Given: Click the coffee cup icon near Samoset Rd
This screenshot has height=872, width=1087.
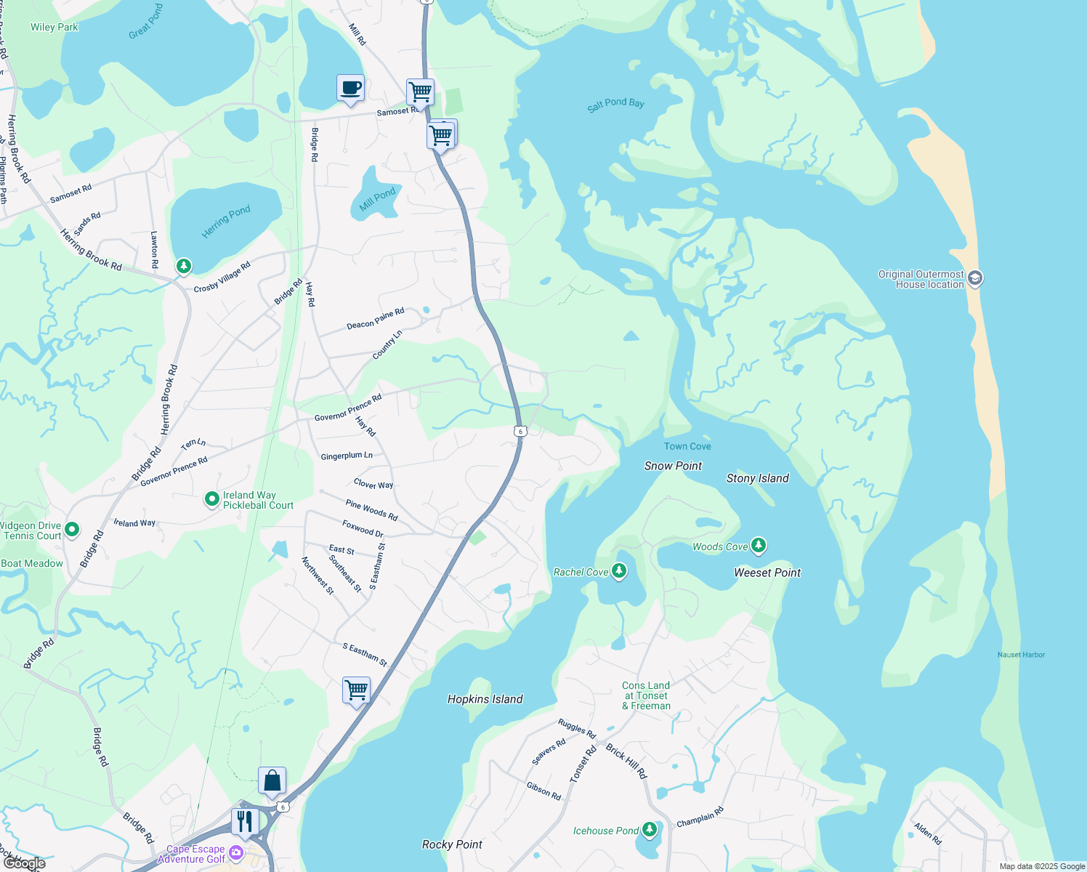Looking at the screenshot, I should pos(350,89).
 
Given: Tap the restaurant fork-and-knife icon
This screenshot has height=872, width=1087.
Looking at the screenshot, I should pos(245,822).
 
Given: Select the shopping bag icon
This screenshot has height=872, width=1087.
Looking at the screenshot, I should pos(272,781).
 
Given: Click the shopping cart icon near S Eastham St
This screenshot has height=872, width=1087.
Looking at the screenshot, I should pos(356,690).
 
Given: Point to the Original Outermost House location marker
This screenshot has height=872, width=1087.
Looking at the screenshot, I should pos(975,278).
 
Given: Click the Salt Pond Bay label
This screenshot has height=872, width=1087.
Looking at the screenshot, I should pos(615,104).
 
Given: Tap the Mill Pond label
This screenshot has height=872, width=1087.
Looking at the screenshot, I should pos(377,198).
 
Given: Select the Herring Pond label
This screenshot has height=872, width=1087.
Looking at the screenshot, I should pos(226,221).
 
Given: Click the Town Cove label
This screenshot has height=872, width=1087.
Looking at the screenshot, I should pos(687,446).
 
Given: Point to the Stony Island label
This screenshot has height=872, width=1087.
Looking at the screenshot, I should pos(757,478).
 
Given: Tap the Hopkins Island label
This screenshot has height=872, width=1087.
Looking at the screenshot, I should pos(485,699).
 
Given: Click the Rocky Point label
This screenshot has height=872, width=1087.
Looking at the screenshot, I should pos(452,844).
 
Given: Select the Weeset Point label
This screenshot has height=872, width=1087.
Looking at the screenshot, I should pos(767,573).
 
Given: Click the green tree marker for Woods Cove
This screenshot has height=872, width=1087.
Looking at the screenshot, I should pos(758,545).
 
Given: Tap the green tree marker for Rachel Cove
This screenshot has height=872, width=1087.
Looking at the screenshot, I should pos(619,571).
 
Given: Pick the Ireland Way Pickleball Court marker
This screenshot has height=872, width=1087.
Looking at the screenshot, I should pos(211,499).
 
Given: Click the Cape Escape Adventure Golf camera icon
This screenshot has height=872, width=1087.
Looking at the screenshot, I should pos(235,852).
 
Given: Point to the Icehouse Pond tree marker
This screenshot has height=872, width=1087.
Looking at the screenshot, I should pos(650,830).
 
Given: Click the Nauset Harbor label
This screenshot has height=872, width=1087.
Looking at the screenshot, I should pos(1021,655).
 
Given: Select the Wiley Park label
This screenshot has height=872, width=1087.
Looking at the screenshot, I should pos(54,27).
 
